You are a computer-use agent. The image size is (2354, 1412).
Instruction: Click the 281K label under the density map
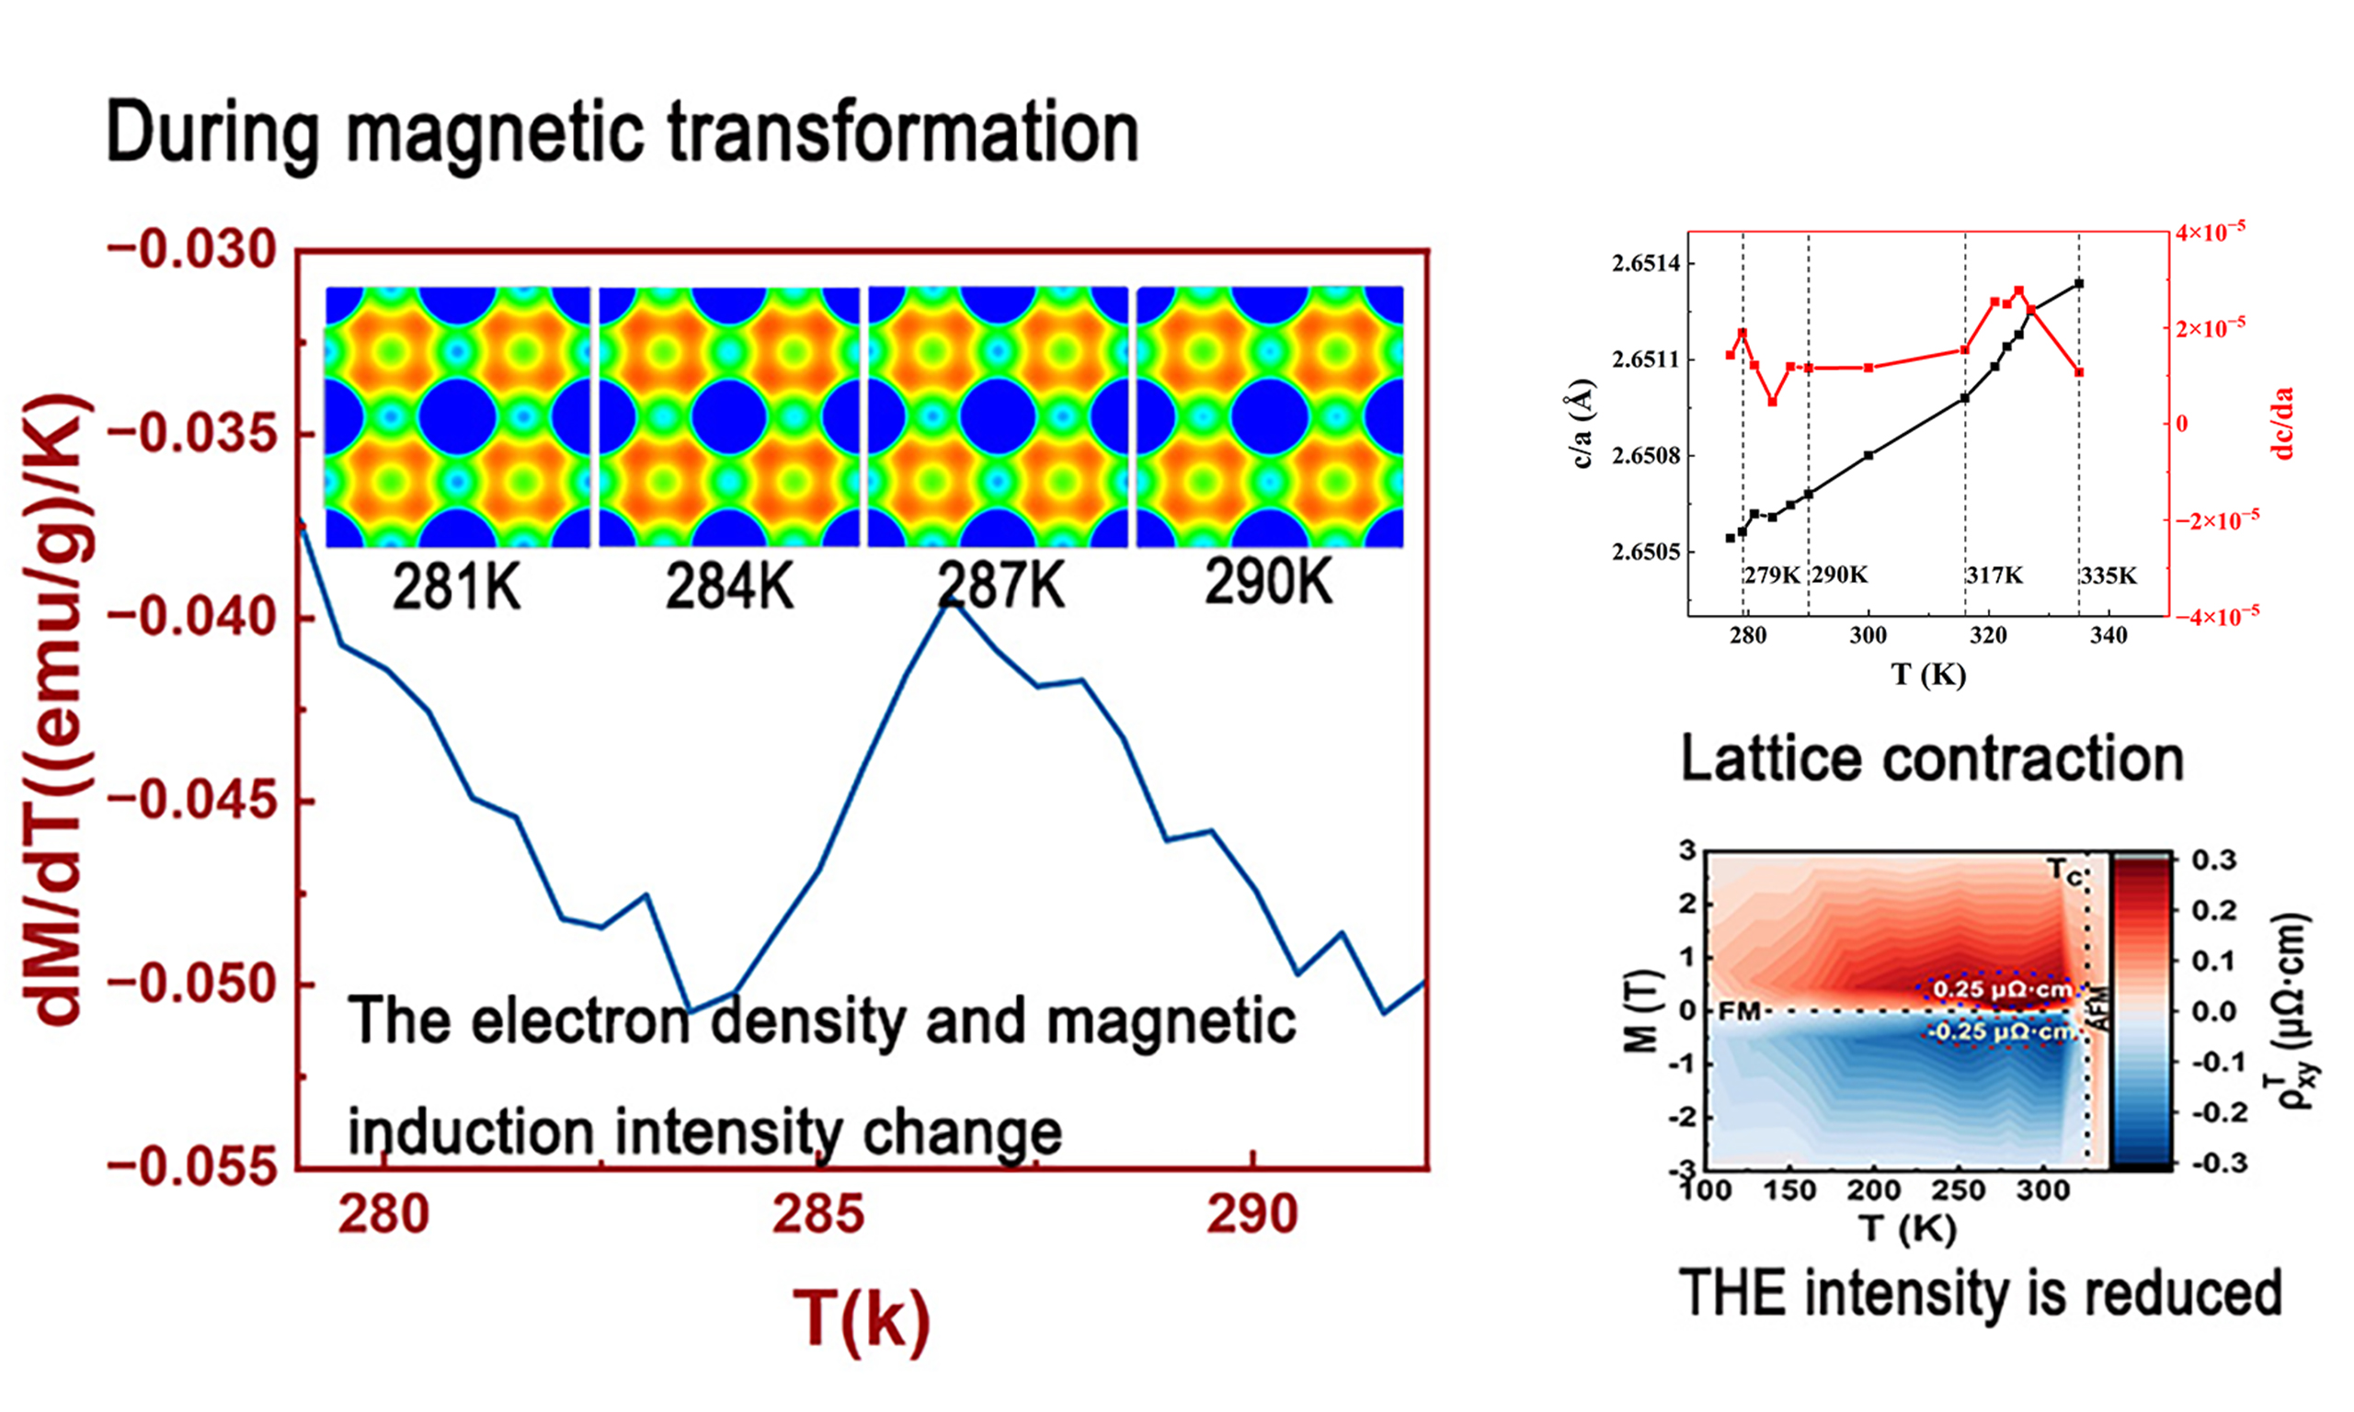pos(456,587)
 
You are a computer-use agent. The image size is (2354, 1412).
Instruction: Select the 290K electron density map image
pos(1269,416)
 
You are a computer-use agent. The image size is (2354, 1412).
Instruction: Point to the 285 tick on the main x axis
pos(817,1214)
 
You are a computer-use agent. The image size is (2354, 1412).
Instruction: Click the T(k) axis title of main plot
pos(861,1319)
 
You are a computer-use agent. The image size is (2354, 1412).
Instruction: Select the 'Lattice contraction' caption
pos(1932,759)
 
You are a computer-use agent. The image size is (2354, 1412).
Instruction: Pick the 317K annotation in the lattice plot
pos(1994,575)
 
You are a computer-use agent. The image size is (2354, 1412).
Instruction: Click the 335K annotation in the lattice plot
pos(2108,575)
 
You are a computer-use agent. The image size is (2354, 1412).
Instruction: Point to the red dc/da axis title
pos(2282,424)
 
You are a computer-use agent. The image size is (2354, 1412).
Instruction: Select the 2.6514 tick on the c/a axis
pos(1645,264)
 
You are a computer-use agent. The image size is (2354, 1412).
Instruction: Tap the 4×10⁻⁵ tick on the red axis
pos(2211,233)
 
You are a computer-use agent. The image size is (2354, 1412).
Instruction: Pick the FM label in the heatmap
pos(1740,1011)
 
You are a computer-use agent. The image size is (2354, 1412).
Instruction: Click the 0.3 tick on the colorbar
pos(2213,860)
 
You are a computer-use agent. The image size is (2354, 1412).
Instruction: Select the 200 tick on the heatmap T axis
pos(1873,1190)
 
